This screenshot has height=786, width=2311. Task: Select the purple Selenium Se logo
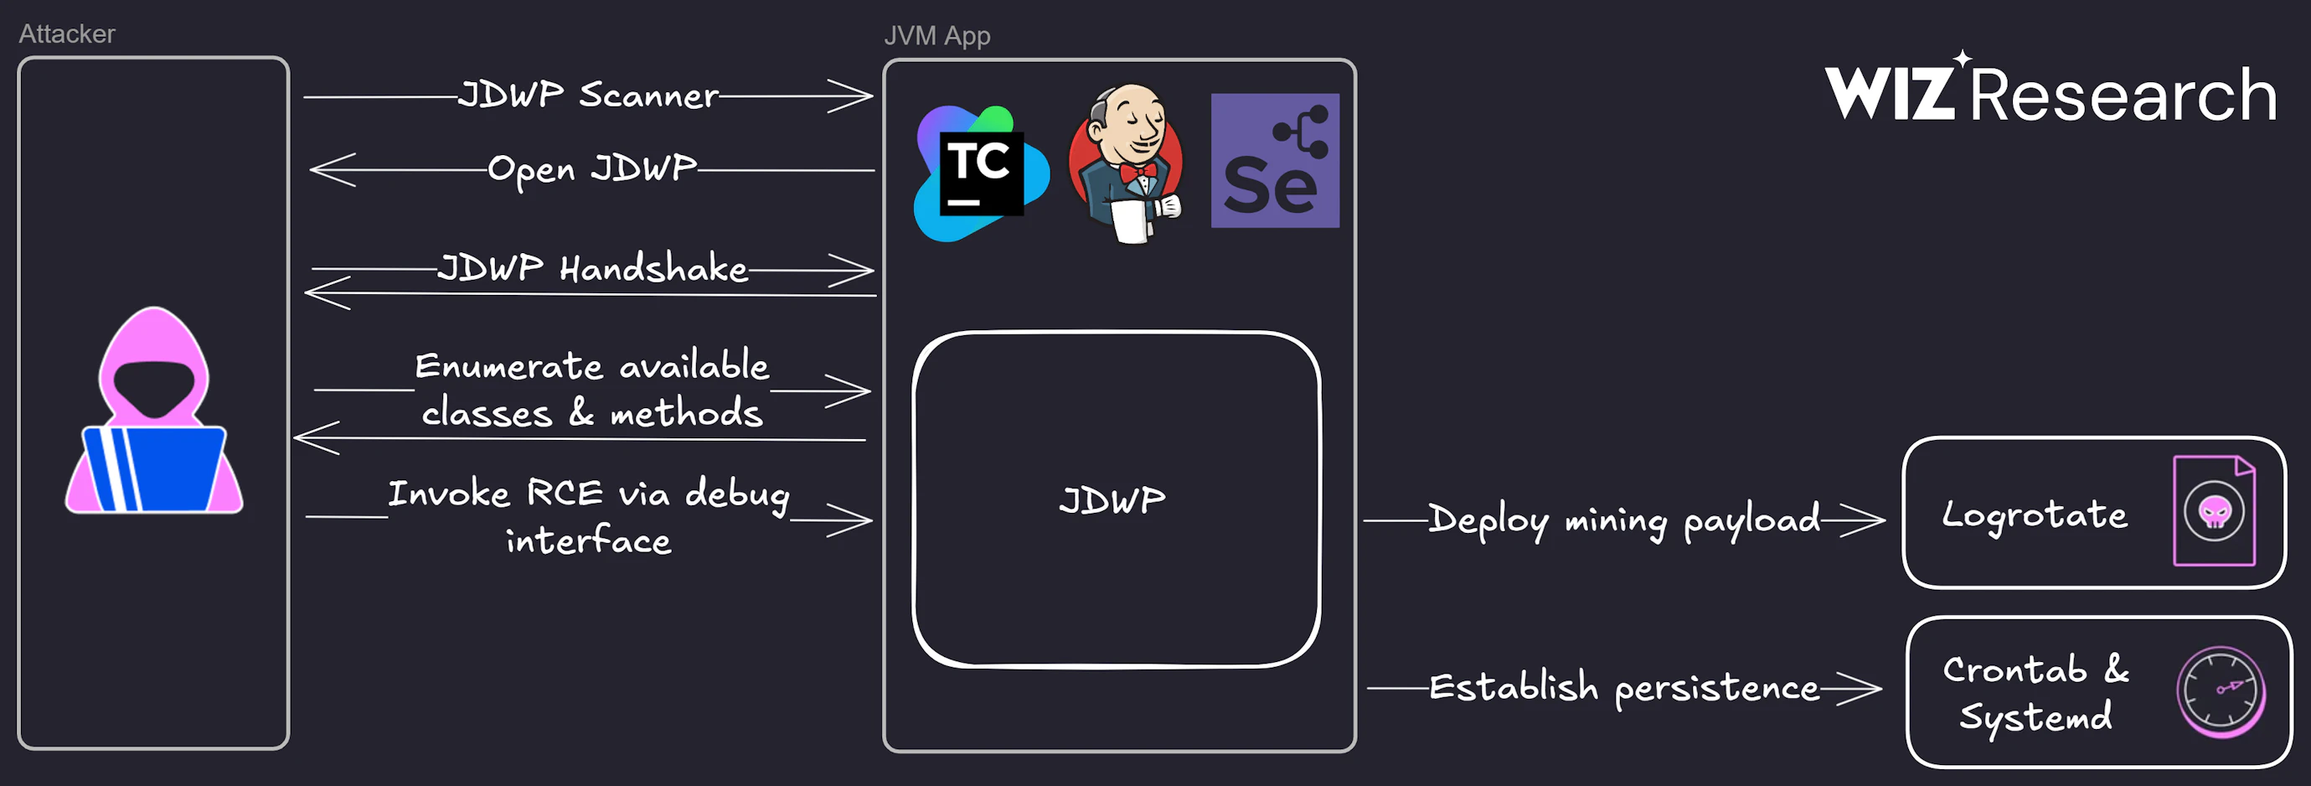click(1274, 162)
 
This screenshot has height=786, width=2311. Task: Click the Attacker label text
click(67, 34)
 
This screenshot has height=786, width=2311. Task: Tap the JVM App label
click(936, 36)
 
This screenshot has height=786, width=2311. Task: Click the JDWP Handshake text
click(592, 268)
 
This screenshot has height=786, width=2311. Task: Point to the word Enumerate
click(508, 366)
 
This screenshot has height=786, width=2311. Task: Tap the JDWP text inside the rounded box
click(1112, 499)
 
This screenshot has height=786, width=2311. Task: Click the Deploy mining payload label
click(1624, 520)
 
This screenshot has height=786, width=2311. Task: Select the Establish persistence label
click(1624, 688)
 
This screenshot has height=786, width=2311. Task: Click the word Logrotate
click(2034, 515)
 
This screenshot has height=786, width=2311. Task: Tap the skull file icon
click(2214, 511)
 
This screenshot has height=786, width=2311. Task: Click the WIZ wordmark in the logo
click(1890, 91)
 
